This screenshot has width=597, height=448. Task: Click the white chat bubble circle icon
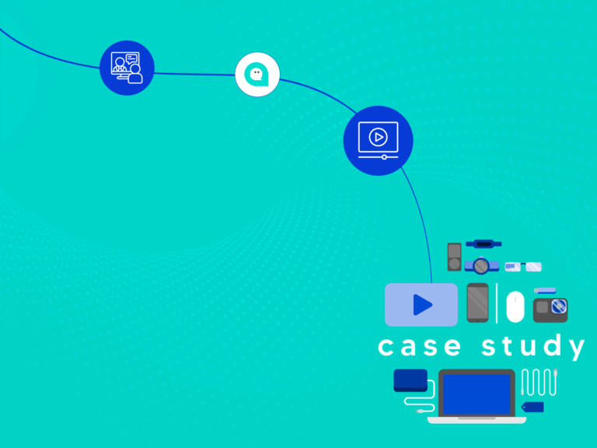[257, 75]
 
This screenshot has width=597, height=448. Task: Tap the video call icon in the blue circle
[127, 68]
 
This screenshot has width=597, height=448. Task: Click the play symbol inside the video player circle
[378, 137]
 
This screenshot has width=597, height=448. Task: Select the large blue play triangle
[423, 305]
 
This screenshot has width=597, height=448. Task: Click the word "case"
[420, 346]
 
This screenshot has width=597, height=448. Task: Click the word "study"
[533, 346]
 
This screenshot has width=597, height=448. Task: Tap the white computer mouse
[515, 306]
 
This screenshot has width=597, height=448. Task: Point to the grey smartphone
[477, 303]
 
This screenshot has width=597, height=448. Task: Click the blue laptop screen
[477, 394]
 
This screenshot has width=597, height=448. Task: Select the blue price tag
[532, 407]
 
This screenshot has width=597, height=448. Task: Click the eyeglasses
[523, 267]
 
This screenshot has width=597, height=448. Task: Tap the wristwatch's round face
[481, 266]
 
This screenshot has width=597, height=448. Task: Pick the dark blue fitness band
[484, 243]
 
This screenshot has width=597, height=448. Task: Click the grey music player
[454, 257]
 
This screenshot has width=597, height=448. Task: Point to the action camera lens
[559, 306]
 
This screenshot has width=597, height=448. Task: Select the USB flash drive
[545, 291]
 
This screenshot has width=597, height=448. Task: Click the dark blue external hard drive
[410, 380]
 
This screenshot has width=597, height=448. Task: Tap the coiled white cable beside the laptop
[539, 382]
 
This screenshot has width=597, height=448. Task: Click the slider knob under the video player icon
[384, 157]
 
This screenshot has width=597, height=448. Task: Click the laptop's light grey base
[477, 420]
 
